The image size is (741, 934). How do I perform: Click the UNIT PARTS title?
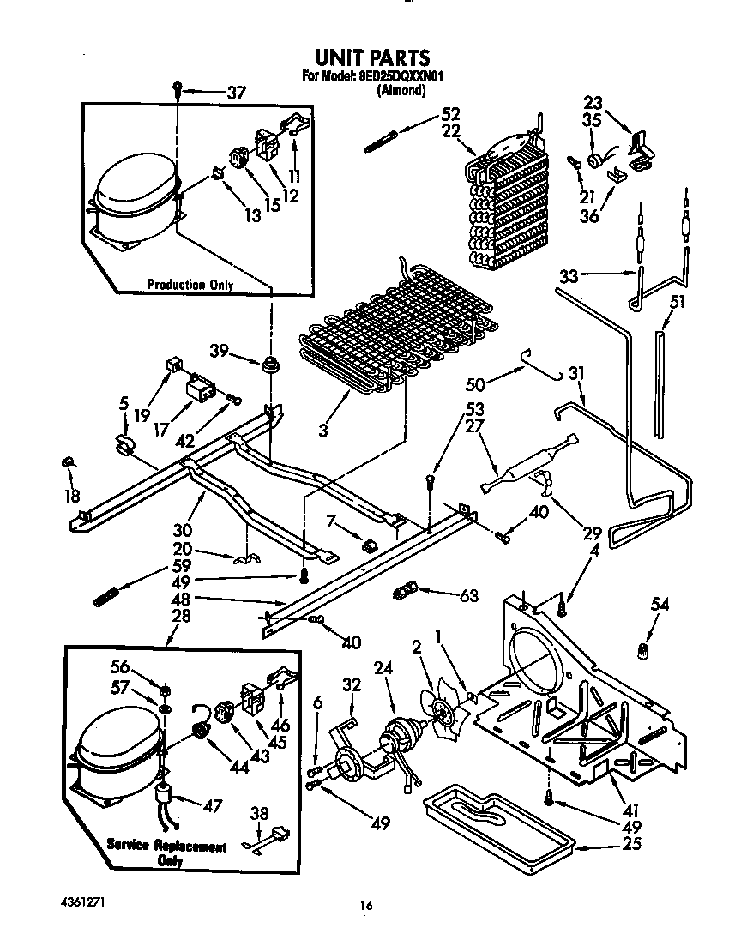(x=372, y=57)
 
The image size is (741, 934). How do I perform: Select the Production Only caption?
(x=190, y=285)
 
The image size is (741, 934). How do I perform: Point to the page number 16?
(x=366, y=905)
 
